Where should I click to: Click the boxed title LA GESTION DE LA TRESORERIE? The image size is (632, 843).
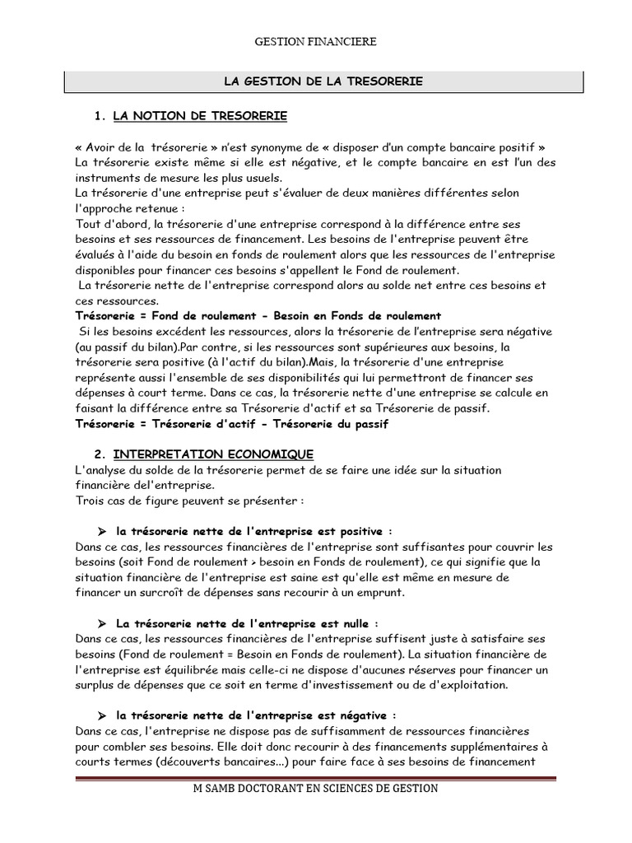323,82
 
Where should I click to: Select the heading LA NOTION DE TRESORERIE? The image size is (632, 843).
200,116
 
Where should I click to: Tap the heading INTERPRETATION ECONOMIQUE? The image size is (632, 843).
212,454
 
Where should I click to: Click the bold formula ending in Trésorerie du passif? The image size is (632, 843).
230,424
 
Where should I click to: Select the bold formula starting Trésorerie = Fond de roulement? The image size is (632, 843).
258,315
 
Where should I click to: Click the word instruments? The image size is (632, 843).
105,178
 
